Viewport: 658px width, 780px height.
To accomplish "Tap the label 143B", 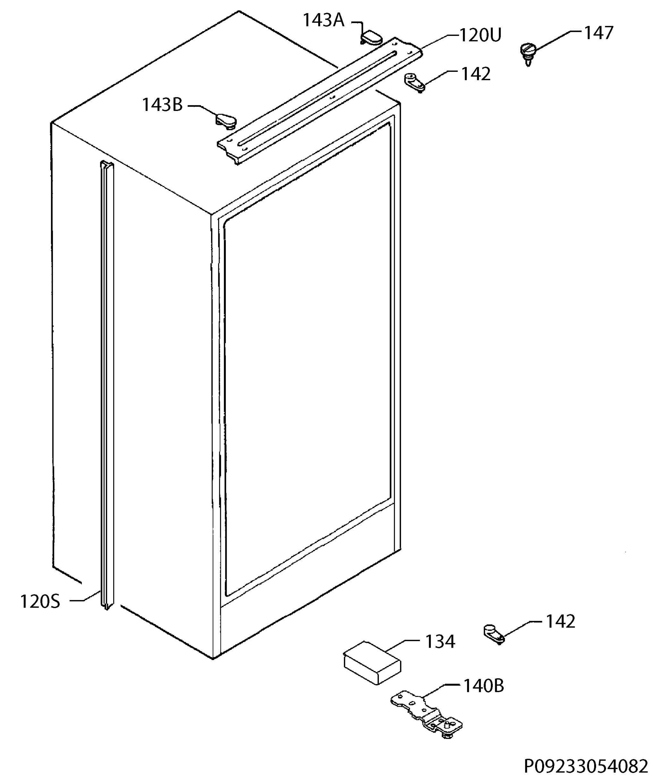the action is tap(162, 105).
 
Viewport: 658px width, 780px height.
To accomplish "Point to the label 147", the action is tap(598, 33).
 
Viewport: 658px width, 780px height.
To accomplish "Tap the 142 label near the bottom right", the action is tap(561, 621).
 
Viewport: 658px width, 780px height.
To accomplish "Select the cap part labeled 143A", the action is tap(371, 38).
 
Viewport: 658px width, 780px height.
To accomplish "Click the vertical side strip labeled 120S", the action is tap(107, 385).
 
